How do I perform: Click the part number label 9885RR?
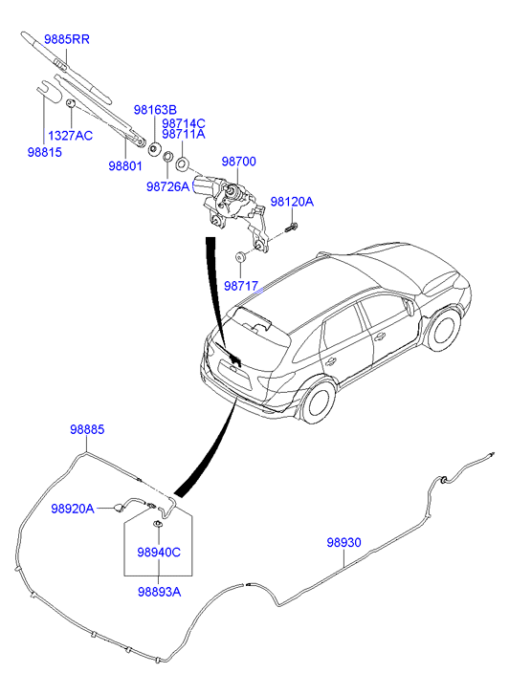tap(67, 39)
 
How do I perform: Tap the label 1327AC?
tap(70, 135)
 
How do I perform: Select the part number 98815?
tap(45, 152)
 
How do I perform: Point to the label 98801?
tap(125, 165)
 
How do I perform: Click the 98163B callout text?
tap(155, 110)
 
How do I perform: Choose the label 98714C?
tap(184, 123)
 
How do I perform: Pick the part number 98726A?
tap(167, 186)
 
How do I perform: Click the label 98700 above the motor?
tap(239, 162)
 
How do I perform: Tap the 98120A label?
tap(292, 202)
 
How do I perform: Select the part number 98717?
tap(241, 286)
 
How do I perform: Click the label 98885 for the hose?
tap(87, 429)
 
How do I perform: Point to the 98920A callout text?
tap(73, 509)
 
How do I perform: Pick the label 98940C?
tap(159, 553)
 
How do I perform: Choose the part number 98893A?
tap(160, 592)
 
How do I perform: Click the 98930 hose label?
tap(343, 542)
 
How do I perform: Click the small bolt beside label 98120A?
tap(292, 228)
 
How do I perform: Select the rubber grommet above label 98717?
tap(240, 256)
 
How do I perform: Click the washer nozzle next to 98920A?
tap(119, 508)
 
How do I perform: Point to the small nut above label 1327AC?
tap(70, 103)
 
